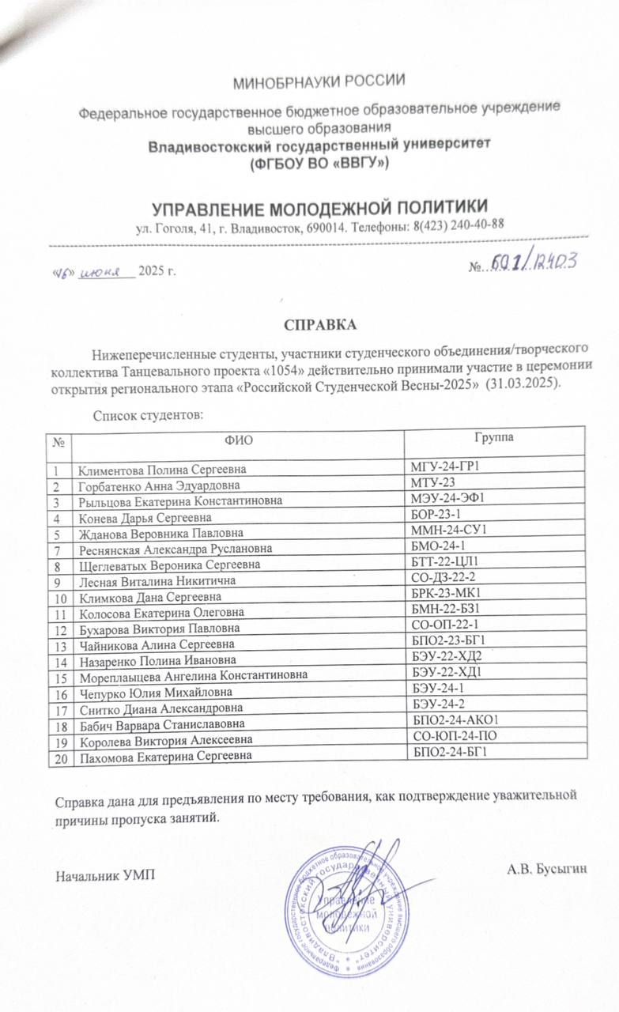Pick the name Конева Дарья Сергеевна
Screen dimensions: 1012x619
(x=143, y=518)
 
